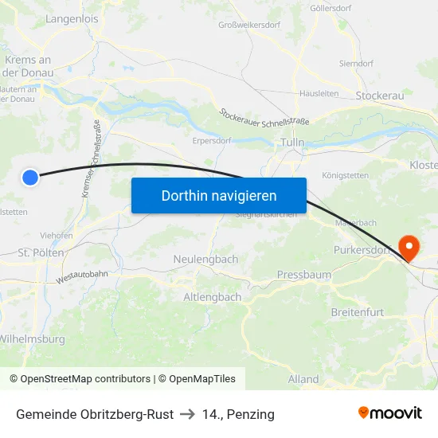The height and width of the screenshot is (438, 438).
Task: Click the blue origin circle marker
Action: click(x=30, y=178)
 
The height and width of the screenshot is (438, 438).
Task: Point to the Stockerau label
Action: click(x=379, y=96)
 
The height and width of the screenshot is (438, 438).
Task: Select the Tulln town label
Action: click(x=292, y=143)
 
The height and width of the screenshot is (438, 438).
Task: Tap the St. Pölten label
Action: click(x=41, y=252)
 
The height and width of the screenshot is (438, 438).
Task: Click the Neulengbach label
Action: click(x=205, y=260)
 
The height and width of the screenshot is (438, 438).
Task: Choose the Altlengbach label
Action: click(x=212, y=297)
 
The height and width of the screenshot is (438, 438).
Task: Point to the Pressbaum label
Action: click(x=303, y=275)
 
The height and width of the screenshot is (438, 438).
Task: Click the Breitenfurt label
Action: click(x=358, y=312)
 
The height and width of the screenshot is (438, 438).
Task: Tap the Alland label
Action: click(x=303, y=379)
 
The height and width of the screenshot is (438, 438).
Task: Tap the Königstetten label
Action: click(x=345, y=175)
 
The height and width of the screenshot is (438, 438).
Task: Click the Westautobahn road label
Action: click(x=82, y=276)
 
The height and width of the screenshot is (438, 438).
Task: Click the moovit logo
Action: click(x=389, y=413)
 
